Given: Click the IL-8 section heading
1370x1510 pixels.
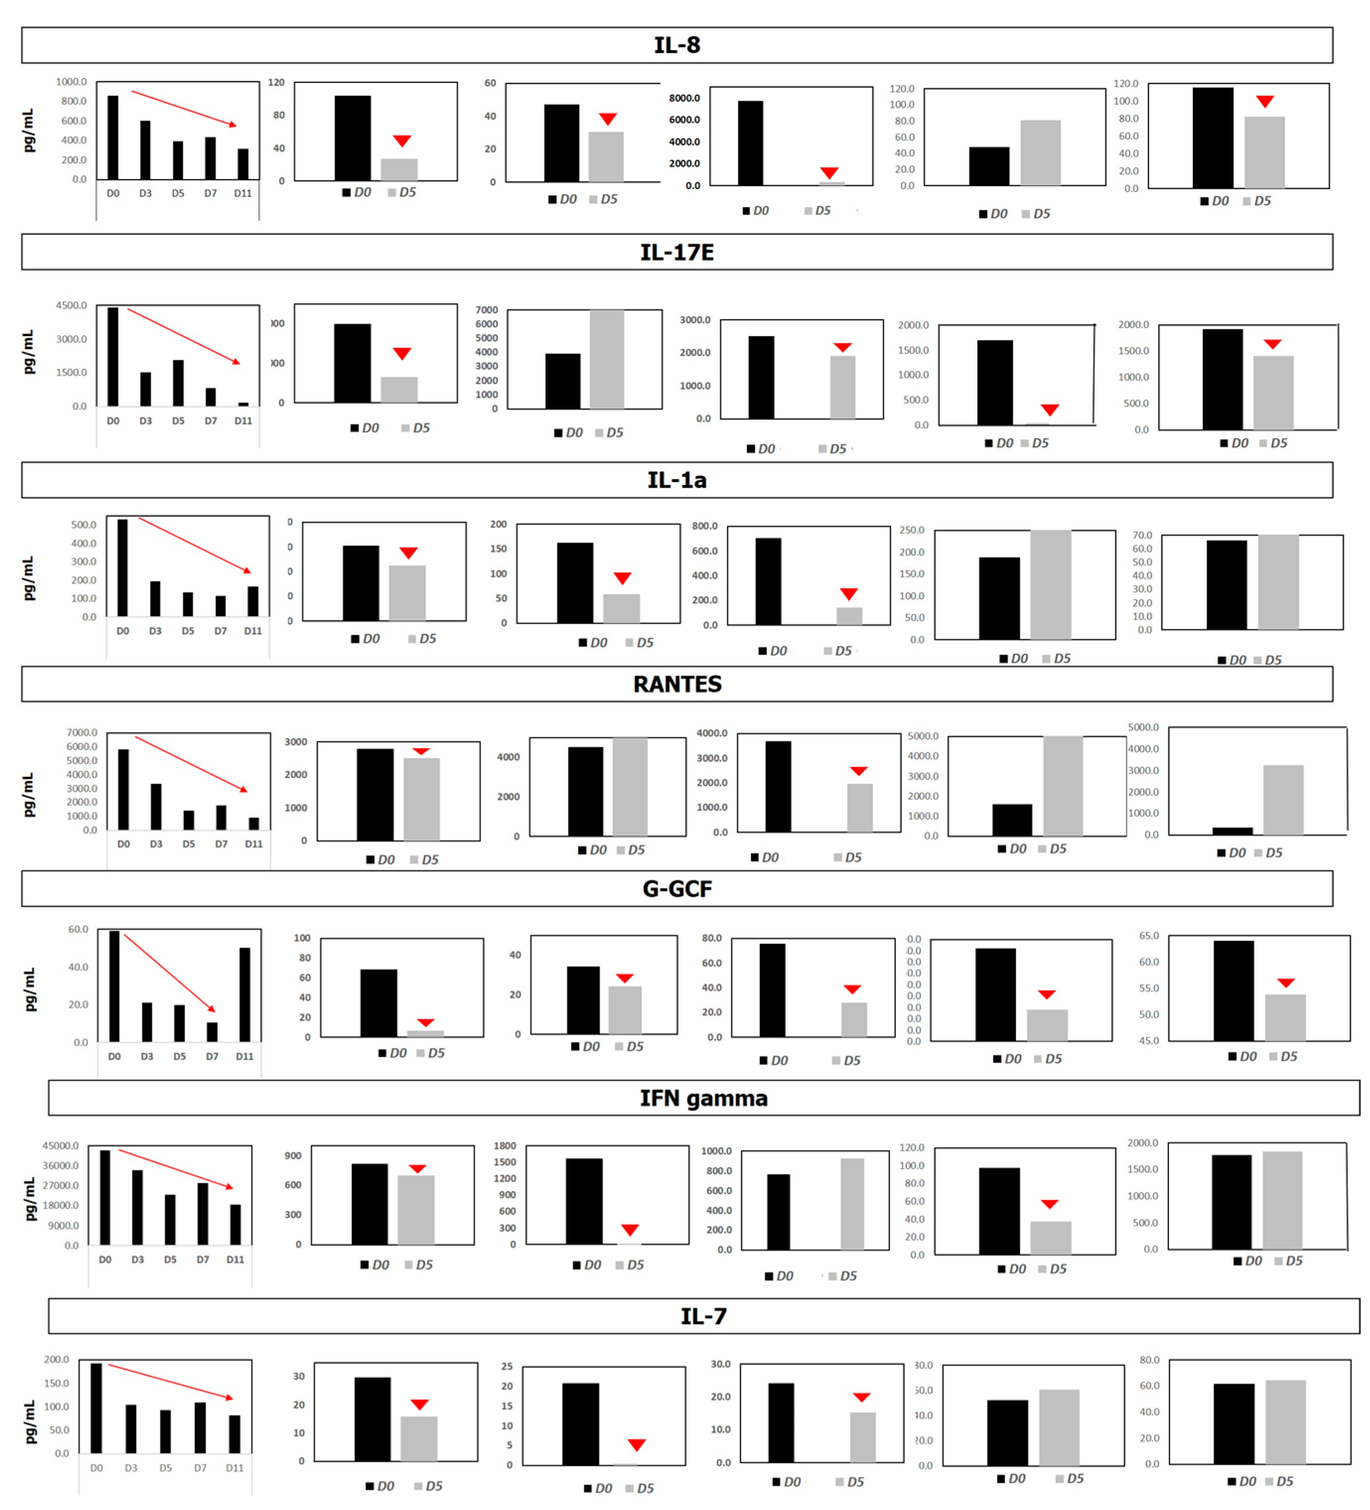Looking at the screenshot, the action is (677, 45).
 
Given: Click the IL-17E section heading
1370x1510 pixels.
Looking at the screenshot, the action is (677, 253).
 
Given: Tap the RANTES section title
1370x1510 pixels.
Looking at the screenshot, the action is (677, 684).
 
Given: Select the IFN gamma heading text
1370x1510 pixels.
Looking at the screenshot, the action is (703, 1098).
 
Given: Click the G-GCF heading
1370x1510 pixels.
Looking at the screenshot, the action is (677, 889).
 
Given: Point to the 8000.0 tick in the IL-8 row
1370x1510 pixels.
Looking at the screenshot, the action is (684, 98).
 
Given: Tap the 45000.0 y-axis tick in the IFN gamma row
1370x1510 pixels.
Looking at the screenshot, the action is (60, 1146).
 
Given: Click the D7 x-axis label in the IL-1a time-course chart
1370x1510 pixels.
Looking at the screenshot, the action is (220, 631).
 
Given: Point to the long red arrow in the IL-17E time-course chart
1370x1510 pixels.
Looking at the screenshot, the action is (184, 337).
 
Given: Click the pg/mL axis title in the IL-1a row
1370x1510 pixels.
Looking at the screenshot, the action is (28, 578).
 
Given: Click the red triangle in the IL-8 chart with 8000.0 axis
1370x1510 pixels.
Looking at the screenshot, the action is (828, 173).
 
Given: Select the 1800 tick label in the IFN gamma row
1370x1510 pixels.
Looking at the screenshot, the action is (504, 1146).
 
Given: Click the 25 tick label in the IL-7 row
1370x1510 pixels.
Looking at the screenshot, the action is (507, 1367).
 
